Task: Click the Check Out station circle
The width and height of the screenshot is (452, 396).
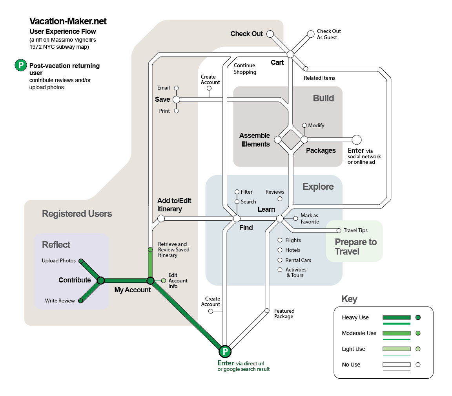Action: click(270, 34)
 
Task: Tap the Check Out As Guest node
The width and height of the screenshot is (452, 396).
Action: click(310, 34)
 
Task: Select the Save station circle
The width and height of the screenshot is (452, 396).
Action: click(177, 99)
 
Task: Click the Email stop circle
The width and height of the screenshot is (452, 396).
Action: click(177, 88)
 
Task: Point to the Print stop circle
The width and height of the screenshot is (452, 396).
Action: click(177, 111)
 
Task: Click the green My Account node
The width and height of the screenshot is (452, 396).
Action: click(151, 280)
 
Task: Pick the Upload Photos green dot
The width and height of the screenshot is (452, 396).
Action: click(81, 261)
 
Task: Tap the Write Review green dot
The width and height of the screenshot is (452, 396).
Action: click(81, 301)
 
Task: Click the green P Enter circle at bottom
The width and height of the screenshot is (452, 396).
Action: click(225, 352)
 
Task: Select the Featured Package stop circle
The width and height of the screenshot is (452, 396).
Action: click(267, 311)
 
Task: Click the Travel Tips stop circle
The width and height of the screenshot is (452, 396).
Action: click(339, 230)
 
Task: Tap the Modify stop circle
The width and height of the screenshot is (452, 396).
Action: click(304, 125)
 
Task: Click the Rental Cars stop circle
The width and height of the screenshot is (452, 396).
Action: click(280, 260)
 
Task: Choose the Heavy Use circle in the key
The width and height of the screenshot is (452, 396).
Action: click(418, 317)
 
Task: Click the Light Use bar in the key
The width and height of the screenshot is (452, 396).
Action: click(397, 349)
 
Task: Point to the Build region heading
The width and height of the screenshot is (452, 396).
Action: click(323, 98)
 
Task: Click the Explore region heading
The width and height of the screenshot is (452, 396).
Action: click(318, 187)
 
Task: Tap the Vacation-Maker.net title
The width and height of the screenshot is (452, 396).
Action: click(68, 21)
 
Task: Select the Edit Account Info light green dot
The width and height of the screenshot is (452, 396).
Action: click(164, 280)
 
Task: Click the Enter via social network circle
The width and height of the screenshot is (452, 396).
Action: click(357, 140)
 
